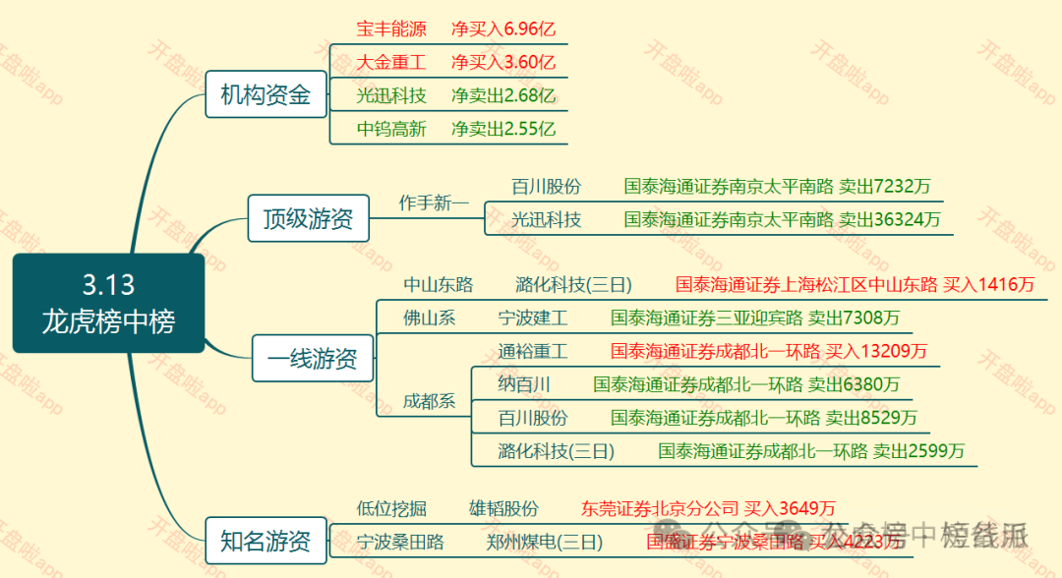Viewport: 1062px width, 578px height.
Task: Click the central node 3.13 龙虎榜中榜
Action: tap(108, 303)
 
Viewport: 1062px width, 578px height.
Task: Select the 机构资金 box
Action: tap(265, 95)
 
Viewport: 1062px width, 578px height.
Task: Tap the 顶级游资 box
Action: tap(308, 218)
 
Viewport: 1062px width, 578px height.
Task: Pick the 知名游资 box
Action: tap(265, 540)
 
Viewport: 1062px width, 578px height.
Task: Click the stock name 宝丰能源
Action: tap(391, 29)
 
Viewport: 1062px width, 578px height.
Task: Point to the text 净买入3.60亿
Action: tap(503, 63)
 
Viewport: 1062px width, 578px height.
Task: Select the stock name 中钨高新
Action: tap(391, 129)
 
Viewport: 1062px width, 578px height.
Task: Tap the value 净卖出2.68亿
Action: tap(503, 96)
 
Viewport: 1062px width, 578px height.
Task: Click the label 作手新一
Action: tap(434, 202)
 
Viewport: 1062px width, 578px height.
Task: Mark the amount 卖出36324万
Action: tap(889, 219)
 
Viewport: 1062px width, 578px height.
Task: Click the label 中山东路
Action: tap(439, 285)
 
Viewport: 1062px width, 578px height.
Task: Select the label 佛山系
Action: tap(430, 318)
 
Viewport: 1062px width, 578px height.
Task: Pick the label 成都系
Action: tap(430, 401)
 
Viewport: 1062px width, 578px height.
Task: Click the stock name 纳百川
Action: tap(523, 384)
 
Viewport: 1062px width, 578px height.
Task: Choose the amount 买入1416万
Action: tap(989, 285)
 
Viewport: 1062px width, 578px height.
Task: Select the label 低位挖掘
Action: tap(391, 508)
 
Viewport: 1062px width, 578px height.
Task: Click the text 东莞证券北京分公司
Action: tap(659, 508)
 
